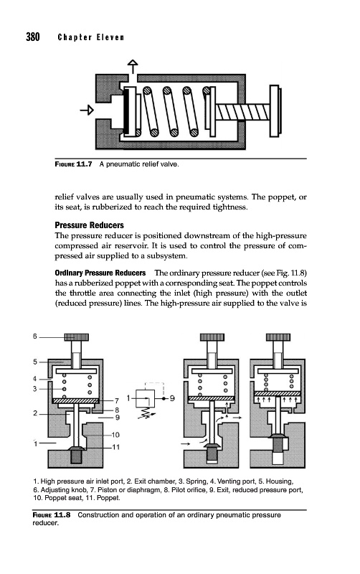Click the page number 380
click(32, 37)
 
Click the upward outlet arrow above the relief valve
click(133, 67)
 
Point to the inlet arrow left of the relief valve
click(87, 110)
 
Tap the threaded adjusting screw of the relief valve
click(242, 112)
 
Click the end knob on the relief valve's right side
click(275, 111)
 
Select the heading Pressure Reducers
click(89, 225)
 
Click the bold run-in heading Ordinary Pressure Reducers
click(100, 273)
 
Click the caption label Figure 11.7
click(73, 164)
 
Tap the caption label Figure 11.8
click(51, 514)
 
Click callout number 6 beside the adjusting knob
click(35, 336)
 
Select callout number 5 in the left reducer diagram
click(35, 362)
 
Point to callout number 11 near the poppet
click(115, 447)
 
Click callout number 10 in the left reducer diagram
click(115, 435)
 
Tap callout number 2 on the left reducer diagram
click(35, 413)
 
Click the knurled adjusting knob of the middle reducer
click(212, 337)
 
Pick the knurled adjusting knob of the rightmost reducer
click(278, 337)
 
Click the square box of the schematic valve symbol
click(146, 398)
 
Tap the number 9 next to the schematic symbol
click(172, 398)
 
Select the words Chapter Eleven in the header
click(91, 37)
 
